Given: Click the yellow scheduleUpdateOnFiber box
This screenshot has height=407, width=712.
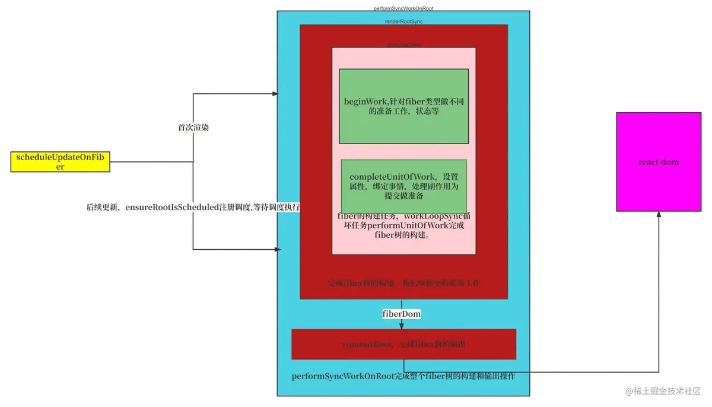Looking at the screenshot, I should (60, 161).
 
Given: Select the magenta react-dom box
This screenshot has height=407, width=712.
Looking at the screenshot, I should (659, 161).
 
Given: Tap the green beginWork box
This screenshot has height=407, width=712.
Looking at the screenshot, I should (403, 106).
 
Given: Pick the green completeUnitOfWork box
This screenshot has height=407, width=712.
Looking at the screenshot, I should (403, 182).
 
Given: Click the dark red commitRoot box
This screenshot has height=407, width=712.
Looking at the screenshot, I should (403, 344).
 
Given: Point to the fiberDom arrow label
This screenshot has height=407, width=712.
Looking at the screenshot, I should (402, 313).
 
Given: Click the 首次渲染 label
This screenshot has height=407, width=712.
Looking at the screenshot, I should (193, 127).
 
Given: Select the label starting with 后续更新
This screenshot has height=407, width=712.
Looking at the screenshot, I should (193, 208).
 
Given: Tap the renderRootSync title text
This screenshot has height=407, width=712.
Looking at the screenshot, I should (403, 21).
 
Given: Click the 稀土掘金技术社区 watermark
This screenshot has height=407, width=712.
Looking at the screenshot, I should (662, 390).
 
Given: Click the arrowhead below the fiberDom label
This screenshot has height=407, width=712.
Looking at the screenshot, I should (402, 325).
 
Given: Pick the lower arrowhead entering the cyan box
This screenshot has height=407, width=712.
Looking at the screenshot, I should (276, 250).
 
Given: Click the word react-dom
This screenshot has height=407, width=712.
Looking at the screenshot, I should (659, 161).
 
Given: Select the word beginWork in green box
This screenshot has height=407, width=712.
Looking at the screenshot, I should (364, 101).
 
